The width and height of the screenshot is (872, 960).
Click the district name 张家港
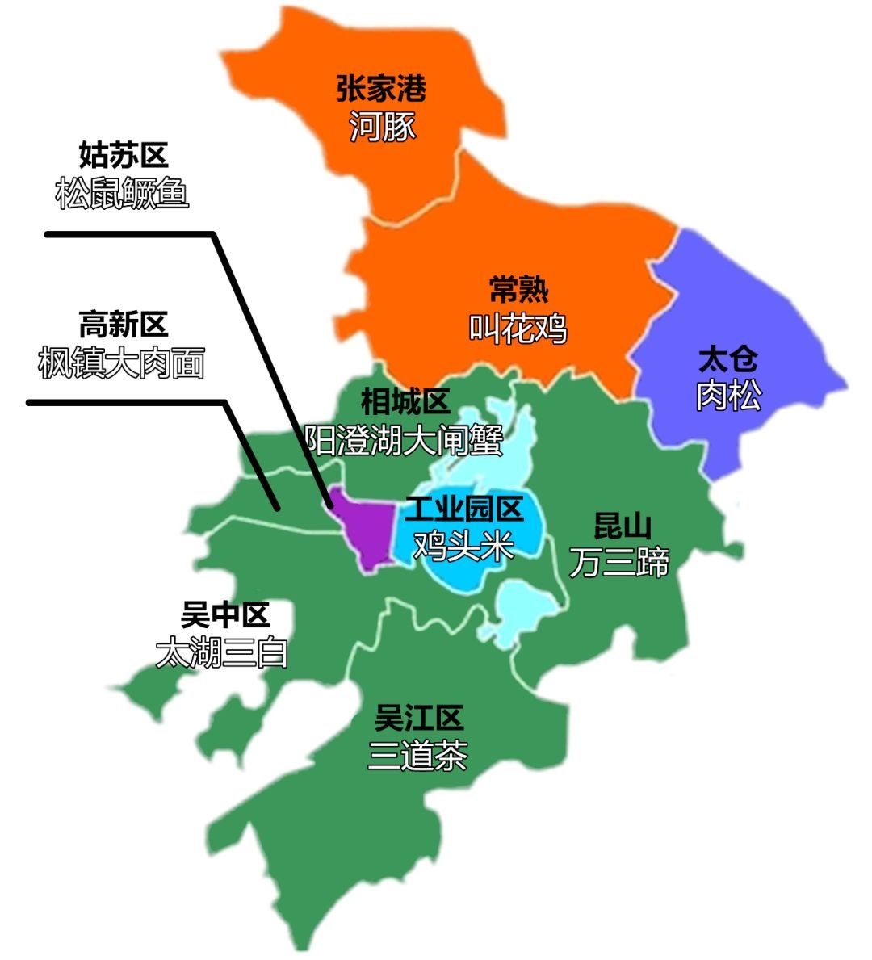pyautogui.click(x=381, y=89)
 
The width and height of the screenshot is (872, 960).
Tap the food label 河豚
pyautogui.click(x=383, y=127)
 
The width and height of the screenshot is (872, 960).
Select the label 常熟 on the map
pyautogui.click(x=518, y=290)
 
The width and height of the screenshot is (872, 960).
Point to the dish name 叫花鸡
pyautogui.click(x=518, y=329)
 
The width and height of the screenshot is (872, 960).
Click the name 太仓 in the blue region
pyautogui.click(x=728, y=359)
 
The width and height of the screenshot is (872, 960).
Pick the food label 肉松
pyautogui.click(x=728, y=396)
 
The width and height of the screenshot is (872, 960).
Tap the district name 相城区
pyautogui.click(x=405, y=401)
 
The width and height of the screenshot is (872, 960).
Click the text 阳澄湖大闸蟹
pyautogui.click(x=404, y=440)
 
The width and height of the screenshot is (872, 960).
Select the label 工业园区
pyautogui.click(x=464, y=509)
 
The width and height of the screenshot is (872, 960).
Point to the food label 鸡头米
pyautogui.click(x=464, y=547)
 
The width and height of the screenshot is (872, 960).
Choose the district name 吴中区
pyautogui.click(x=224, y=616)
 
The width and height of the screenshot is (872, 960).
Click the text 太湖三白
pyautogui.click(x=222, y=653)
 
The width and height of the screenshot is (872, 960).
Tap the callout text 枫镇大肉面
pyautogui.click(x=121, y=363)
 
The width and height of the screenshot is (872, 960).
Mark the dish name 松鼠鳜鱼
pyautogui.click(x=122, y=194)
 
